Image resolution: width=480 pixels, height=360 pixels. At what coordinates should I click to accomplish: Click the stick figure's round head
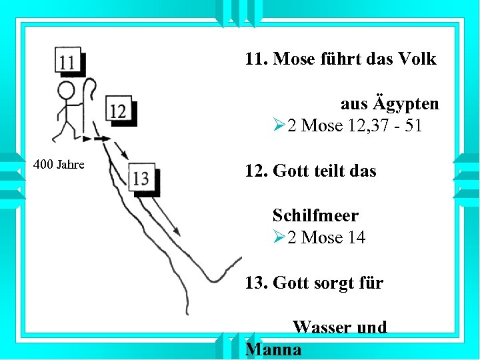(66, 91)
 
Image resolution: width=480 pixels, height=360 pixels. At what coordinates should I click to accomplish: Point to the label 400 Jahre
(59, 165)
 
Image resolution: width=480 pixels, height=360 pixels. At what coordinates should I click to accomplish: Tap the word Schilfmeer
(315, 215)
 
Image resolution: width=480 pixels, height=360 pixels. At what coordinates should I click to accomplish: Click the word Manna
(273, 349)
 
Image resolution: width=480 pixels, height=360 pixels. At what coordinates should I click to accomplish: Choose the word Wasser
(319, 327)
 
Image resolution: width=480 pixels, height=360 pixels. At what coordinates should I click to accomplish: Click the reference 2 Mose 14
(326, 237)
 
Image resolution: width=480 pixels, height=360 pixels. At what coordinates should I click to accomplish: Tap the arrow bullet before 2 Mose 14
(279, 237)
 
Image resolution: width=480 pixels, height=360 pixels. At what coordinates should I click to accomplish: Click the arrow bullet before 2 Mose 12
(279, 126)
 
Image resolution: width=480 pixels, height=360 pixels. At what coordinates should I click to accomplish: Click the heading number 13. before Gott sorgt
(257, 283)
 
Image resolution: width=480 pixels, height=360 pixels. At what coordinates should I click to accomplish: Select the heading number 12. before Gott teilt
(257, 171)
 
